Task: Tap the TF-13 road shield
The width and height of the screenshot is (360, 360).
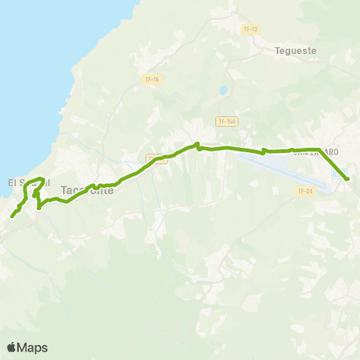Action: click(250, 29)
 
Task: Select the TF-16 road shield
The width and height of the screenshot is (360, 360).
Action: click(152, 79)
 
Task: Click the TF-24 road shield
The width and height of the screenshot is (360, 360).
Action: click(304, 191)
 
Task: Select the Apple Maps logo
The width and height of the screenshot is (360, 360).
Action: click(27, 347)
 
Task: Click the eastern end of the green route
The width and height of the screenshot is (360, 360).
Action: click(347, 178)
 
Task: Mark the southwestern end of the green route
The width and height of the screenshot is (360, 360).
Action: click(12, 217)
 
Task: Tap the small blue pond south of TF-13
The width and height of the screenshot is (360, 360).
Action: click(222, 91)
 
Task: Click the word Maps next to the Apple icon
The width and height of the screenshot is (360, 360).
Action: click(33, 347)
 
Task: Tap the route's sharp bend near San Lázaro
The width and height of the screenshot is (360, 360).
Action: click(319, 149)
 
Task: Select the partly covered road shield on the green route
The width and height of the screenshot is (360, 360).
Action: click(156, 158)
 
